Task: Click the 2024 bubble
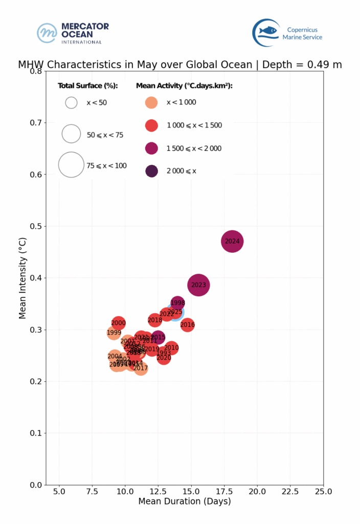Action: [232, 241]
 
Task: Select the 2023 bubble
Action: [198, 285]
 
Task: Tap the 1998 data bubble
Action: [177, 303]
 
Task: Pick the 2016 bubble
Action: [188, 324]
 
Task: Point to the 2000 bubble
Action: [118, 323]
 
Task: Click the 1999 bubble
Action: [114, 333]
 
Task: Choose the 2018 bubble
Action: [155, 320]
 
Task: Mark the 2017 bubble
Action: [141, 368]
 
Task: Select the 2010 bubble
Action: [171, 348]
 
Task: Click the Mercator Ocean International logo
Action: [73, 33]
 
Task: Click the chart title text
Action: [180, 65]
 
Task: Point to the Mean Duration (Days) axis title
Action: [185, 501]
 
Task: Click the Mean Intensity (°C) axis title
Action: [22, 277]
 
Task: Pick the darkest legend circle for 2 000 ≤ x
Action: [151, 171]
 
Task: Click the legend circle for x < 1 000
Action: [151, 102]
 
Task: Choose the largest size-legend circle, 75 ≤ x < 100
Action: [71, 165]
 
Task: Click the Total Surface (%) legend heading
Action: [88, 85]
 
